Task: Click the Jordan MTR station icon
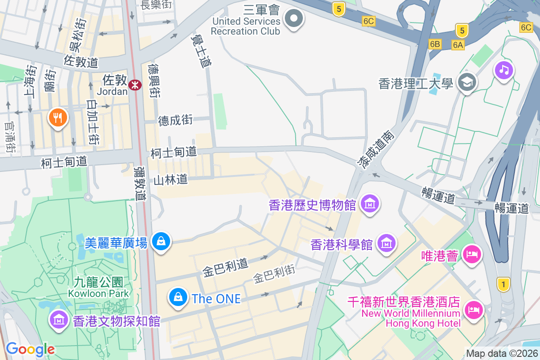(134, 85)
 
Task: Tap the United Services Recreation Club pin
(294, 19)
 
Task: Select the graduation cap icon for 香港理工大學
(467, 82)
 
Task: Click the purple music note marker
(504, 70)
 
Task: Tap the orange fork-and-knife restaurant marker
(57, 118)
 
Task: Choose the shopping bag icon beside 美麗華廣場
(161, 242)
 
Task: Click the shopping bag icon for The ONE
(178, 297)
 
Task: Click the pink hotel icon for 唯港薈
(472, 254)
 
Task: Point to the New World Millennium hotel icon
(473, 310)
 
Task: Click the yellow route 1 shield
(504, 284)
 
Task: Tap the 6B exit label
(435, 44)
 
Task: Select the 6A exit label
(458, 45)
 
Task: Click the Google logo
(30, 349)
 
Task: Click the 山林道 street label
(171, 180)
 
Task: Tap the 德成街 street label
(175, 120)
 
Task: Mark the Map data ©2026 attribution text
(502, 354)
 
